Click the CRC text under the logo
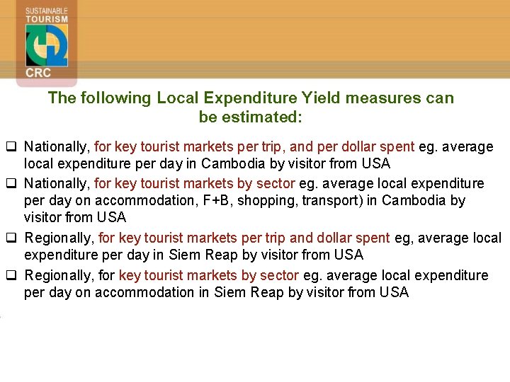(38, 72)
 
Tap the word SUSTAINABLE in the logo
(47, 11)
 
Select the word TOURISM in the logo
(47, 19)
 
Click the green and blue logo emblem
(47, 45)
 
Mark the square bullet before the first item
(12, 147)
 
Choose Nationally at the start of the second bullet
(57, 184)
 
